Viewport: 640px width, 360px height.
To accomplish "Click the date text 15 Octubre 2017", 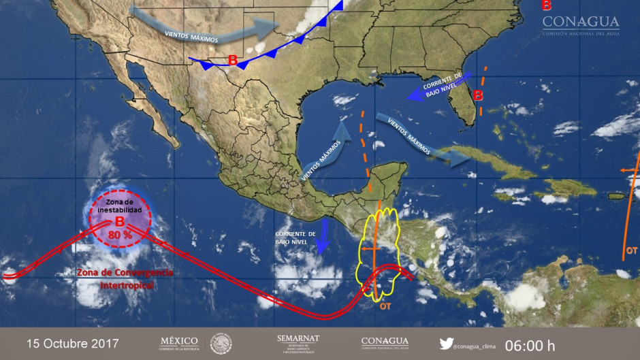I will [x=72, y=344].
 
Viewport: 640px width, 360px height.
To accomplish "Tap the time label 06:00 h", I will [x=530, y=345].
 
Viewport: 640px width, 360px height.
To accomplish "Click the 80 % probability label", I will [x=120, y=235].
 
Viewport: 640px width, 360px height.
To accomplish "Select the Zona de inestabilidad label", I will [x=120, y=207].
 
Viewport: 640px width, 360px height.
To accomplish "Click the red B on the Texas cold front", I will [x=232, y=61].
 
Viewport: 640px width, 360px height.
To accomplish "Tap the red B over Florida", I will [x=478, y=95].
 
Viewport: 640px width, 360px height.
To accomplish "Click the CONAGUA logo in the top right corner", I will [x=580, y=25].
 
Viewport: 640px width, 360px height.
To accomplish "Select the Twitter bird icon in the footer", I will [x=447, y=344].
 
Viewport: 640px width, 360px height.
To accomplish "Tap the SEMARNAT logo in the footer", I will [x=298, y=343].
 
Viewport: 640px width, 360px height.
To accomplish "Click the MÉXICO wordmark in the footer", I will [x=179, y=342].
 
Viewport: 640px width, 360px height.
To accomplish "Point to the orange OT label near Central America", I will [x=385, y=306].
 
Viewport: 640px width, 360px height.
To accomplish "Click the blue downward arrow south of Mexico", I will [x=324, y=234].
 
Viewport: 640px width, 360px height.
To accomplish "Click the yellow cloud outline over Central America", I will [x=380, y=252].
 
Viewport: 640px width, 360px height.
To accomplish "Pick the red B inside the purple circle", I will [x=120, y=221].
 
